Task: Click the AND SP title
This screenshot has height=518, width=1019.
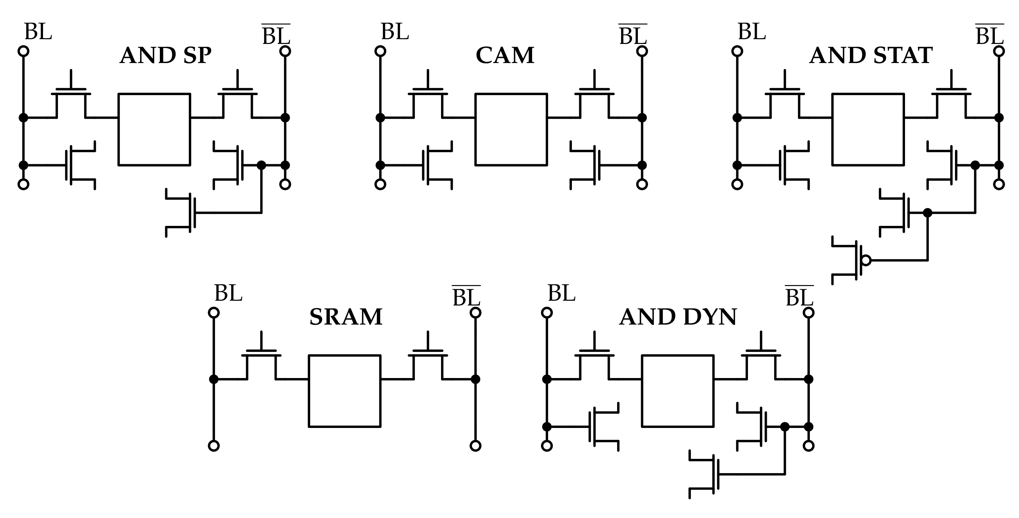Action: click(165, 55)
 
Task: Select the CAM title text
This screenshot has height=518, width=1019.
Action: click(505, 55)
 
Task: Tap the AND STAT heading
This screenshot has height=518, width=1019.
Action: click(871, 55)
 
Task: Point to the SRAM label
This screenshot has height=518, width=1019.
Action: click(346, 317)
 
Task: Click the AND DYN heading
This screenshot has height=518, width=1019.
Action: click(678, 317)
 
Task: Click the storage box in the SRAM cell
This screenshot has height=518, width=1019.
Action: click(345, 391)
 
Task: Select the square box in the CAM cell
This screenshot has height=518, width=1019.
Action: click(511, 129)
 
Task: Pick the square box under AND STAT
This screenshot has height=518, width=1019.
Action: click(868, 129)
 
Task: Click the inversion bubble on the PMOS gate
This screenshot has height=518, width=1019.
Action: click(866, 260)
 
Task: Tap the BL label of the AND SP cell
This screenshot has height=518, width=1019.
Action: click(38, 31)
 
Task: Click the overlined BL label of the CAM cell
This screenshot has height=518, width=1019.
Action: click(632, 35)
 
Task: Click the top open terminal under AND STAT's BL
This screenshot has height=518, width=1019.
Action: click(737, 51)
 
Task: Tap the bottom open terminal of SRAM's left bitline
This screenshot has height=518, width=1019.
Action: click(214, 446)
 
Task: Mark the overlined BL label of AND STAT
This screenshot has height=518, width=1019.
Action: click(989, 35)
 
